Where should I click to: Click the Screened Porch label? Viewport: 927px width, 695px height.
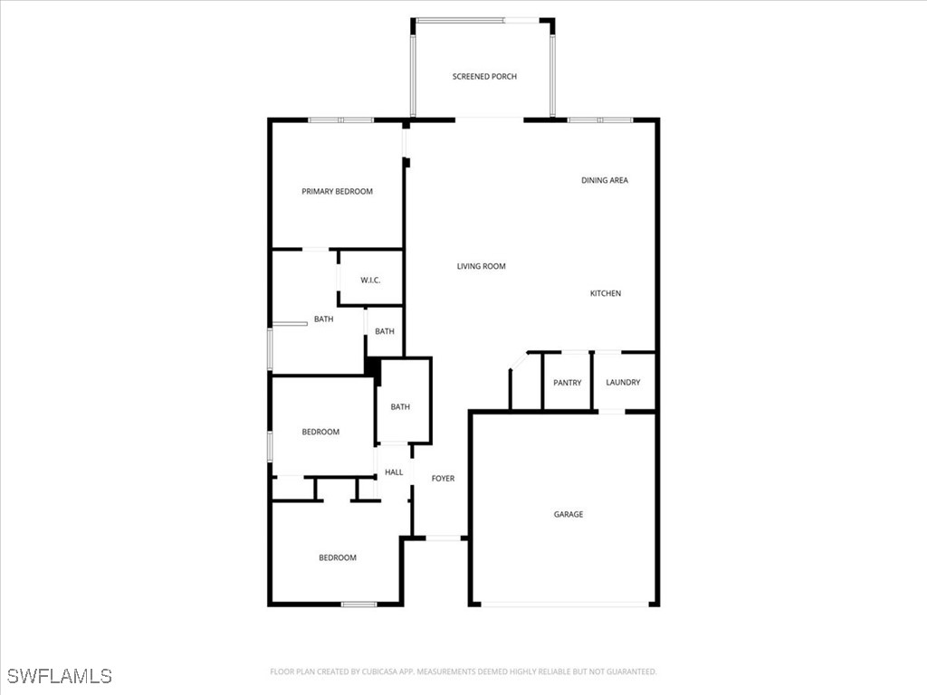[x=484, y=77]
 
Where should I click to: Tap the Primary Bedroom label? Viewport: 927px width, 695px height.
[x=337, y=192]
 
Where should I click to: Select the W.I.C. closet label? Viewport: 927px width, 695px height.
[x=370, y=281]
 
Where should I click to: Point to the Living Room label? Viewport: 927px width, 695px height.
[x=481, y=266]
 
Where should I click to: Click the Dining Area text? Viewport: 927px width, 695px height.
[x=605, y=181]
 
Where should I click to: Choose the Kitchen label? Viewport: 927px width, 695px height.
[x=606, y=293]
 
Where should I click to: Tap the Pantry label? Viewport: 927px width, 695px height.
[x=568, y=383]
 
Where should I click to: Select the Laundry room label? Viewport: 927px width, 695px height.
[x=623, y=383]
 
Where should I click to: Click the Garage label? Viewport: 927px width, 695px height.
[x=569, y=514]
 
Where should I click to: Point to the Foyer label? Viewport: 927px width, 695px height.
[x=443, y=479]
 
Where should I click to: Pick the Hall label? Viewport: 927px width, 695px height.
[x=394, y=472]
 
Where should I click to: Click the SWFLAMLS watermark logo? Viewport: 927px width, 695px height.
[x=59, y=675]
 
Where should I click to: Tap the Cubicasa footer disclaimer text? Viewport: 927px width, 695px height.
[x=463, y=671]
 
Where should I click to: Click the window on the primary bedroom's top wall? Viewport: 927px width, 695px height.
[x=340, y=119]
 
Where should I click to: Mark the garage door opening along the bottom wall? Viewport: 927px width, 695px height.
[x=564, y=605]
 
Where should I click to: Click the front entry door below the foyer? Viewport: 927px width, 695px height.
[x=444, y=538]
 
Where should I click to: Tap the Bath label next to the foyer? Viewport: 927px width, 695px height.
[x=400, y=407]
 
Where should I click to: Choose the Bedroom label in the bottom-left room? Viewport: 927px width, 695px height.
[x=337, y=558]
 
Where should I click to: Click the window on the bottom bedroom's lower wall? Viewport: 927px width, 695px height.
[x=358, y=605]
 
